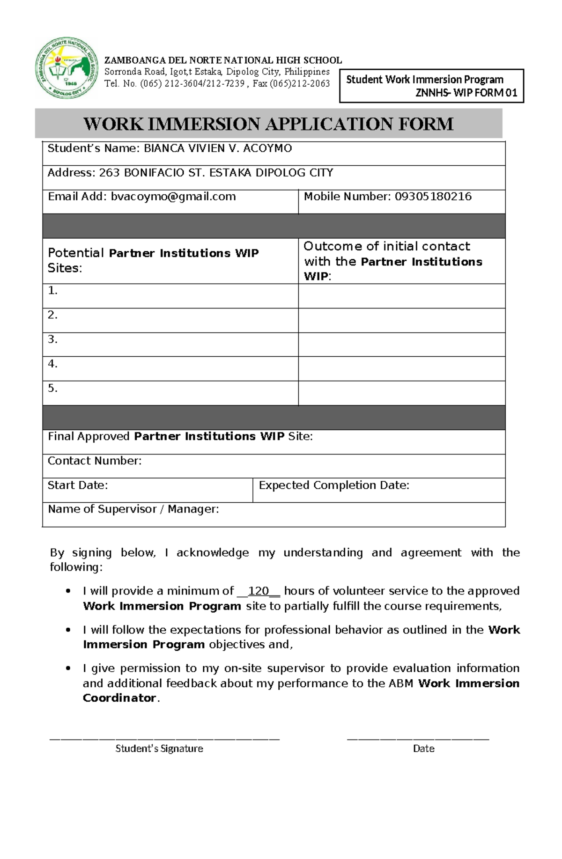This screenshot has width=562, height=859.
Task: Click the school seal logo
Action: (67, 68)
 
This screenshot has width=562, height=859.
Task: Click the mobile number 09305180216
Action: (433, 197)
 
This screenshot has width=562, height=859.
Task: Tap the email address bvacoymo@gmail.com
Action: (173, 197)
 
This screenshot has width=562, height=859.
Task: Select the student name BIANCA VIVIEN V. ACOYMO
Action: (218, 148)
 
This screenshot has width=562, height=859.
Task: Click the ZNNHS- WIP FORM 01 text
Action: (466, 93)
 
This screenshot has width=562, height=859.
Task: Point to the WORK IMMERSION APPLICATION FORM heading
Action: (268, 124)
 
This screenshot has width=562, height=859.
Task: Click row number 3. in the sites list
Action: (52, 339)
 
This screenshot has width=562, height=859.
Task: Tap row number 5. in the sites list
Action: (52, 388)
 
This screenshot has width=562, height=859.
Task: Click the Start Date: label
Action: (78, 485)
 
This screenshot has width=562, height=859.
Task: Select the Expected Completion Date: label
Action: (334, 485)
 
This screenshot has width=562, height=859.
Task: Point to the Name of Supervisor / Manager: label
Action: (133, 509)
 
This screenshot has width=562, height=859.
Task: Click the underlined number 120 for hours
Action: (258, 591)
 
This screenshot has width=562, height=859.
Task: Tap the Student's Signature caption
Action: (159, 749)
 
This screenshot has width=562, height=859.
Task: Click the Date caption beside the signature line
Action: (423, 749)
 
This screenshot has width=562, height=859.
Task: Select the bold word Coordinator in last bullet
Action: (119, 698)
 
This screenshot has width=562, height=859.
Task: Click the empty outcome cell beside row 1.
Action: (401, 296)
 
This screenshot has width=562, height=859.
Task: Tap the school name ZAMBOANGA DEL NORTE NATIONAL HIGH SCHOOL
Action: (223, 60)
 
